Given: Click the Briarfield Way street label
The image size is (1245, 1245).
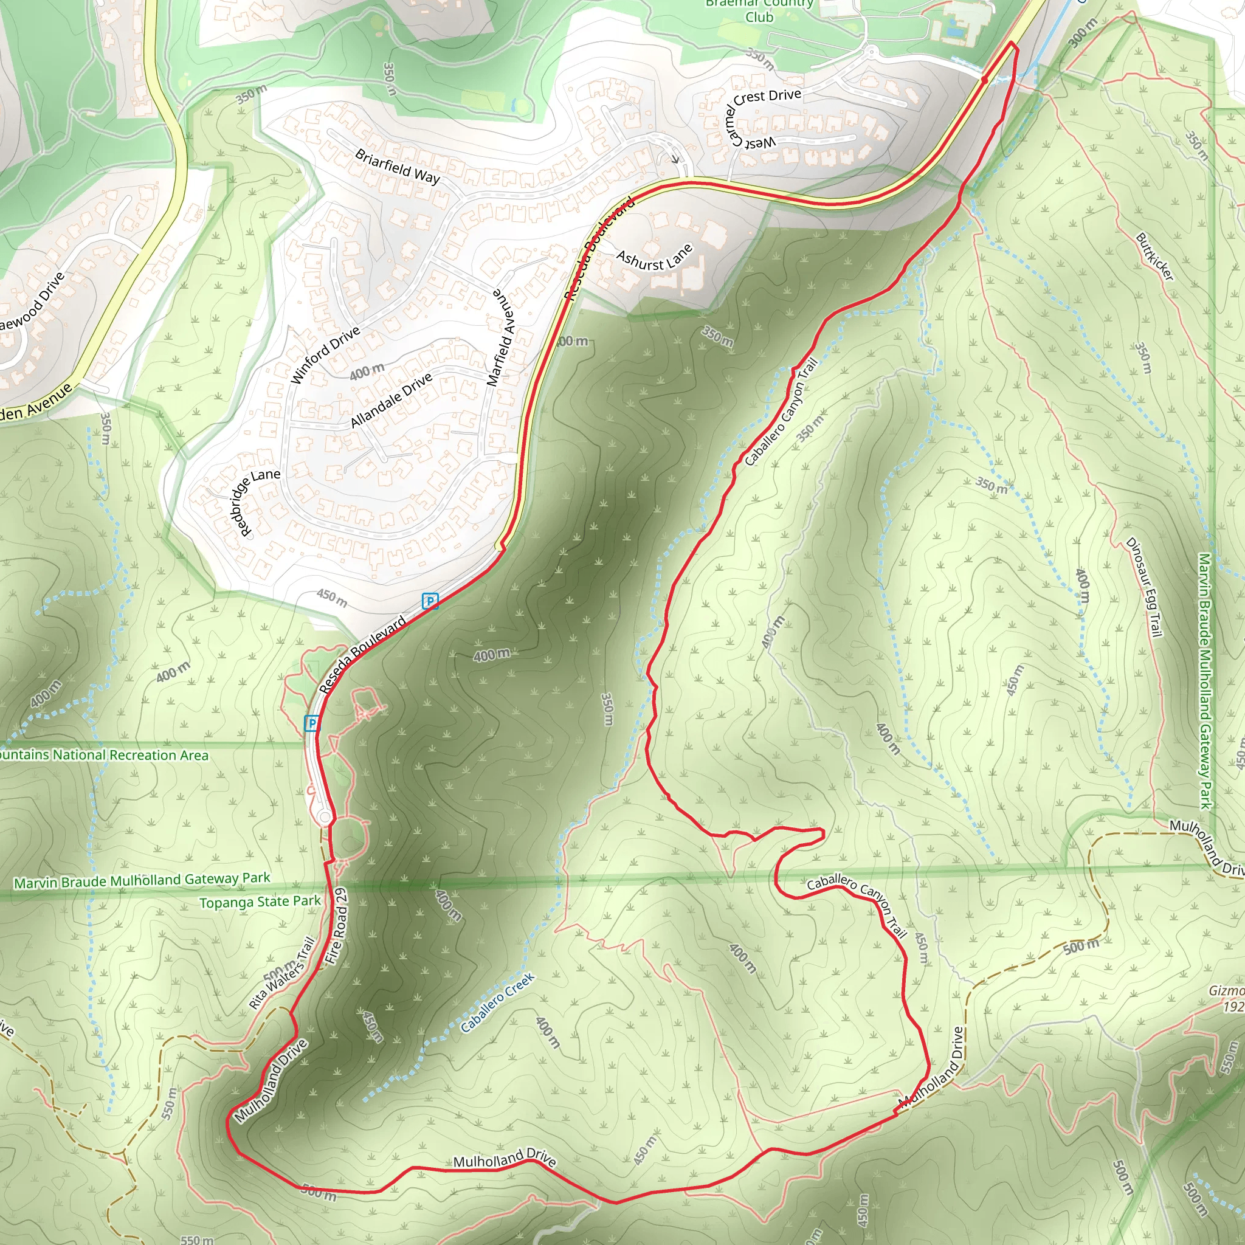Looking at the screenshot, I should [x=397, y=166].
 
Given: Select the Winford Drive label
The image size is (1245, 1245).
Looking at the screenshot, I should [x=325, y=355].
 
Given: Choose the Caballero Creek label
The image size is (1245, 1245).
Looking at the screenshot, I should [x=497, y=1002].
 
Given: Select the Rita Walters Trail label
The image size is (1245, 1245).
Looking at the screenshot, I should [x=281, y=973].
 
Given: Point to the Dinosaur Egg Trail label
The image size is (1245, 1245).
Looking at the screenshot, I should [x=1145, y=587].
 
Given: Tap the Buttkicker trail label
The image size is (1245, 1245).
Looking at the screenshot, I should [x=1155, y=257].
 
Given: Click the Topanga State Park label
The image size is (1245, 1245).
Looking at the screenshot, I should [x=260, y=902].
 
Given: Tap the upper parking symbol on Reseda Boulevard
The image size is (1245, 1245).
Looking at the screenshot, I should [x=430, y=601].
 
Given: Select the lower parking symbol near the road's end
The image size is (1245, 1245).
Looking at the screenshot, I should [x=312, y=723].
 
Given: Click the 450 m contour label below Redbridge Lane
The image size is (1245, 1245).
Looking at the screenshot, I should [x=332, y=598].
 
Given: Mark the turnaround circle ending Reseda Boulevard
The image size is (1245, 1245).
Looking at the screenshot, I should [x=325, y=818].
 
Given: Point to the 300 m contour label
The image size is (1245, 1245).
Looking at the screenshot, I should [x=1083, y=32].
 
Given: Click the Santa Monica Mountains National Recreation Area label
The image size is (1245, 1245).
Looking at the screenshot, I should [x=103, y=754].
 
